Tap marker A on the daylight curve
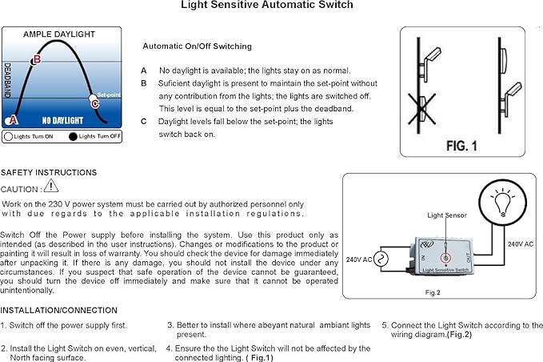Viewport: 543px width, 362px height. pyautogui.click(x=11, y=120)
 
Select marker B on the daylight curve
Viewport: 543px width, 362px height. pyautogui.click(x=36, y=58)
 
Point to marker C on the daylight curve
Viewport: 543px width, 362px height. pyautogui.click(x=94, y=102)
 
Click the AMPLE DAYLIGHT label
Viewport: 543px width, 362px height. pyautogui.click(x=58, y=34)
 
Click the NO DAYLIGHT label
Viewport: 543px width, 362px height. pyautogui.click(x=62, y=120)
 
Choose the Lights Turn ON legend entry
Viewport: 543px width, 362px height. pyautogui.click(x=29, y=137)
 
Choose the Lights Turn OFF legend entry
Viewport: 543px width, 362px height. pyautogui.click(x=94, y=137)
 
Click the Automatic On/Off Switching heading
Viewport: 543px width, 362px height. pyautogui.click(x=197, y=46)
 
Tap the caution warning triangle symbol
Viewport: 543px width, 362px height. pyautogui.click(x=51, y=186)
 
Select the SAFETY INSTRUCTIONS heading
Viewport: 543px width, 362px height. pyautogui.click(x=49, y=172)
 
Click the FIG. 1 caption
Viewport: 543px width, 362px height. pyautogui.click(x=461, y=146)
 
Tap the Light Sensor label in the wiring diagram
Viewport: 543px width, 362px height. pyautogui.click(x=446, y=215)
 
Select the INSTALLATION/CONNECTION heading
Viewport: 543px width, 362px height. pyautogui.click(x=59, y=310)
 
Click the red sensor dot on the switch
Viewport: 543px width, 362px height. pyautogui.click(x=445, y=258)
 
